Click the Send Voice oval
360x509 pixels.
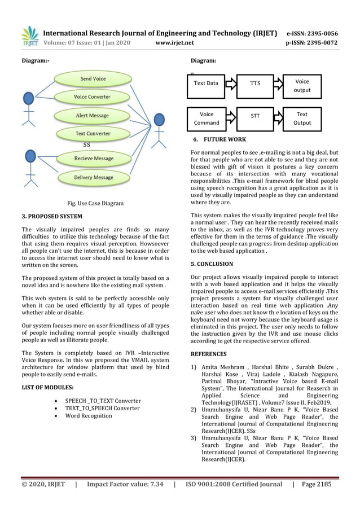coord(93,79)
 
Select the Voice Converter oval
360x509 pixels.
coord(92,97)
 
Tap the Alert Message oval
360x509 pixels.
coord(92,116)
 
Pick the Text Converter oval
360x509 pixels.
coord(93,134)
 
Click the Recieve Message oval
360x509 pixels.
coord(93,159)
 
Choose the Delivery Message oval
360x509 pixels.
coord(93,177)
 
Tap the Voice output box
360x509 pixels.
coord(302,85)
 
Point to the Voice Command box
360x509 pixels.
coord(206,119)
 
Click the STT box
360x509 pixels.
coord(255,118)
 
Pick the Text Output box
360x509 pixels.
coord(302,119)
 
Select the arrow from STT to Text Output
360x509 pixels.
coord(278,118)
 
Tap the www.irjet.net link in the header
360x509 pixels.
coord(174,42)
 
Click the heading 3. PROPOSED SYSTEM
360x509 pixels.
coord(51,216)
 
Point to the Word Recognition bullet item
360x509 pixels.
coord(89,416)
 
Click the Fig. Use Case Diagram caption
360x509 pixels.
coord(95,203)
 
